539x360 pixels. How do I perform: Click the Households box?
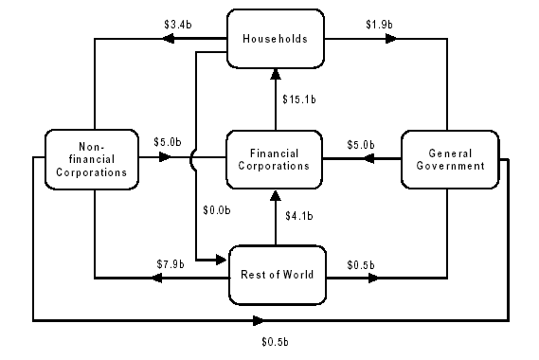pos(276,39)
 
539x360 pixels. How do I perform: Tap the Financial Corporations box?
pos(274,158)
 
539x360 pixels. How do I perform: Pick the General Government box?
pos(450,158)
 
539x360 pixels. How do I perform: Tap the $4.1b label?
pos(299,216)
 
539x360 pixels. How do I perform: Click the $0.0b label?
pos(217,209)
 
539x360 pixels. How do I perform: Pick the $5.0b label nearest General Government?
pos(361,144)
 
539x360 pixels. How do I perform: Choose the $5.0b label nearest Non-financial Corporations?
pos(168,144)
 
